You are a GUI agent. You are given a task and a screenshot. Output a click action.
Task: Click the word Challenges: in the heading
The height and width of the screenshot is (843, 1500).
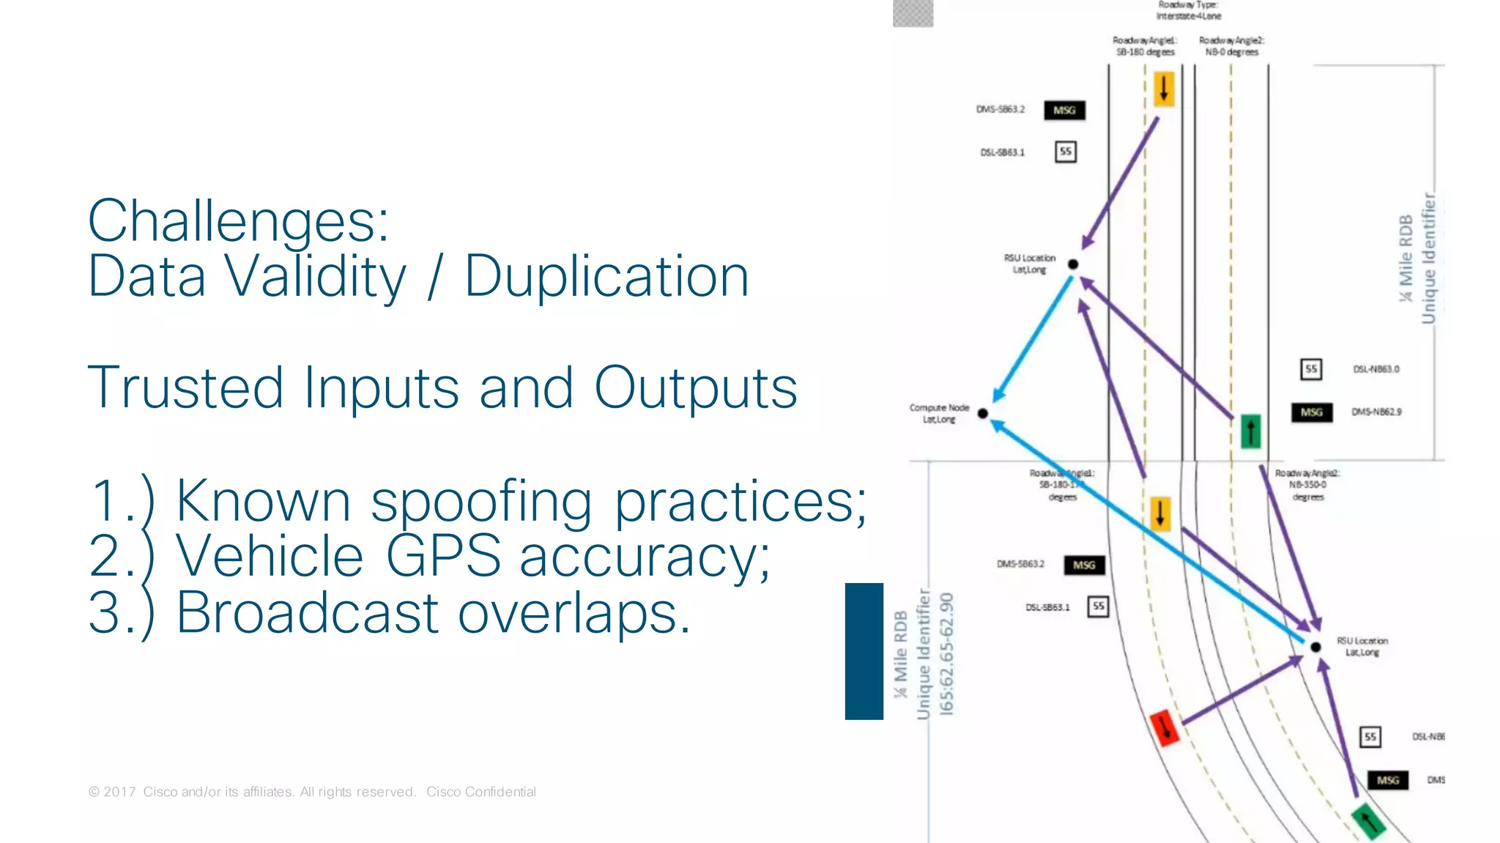tap(238, 221)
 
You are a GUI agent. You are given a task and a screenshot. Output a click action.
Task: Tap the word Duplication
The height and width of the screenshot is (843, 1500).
tap(606, 277)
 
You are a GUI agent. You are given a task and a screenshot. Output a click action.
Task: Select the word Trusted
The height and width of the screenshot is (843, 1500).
tap(185, 388)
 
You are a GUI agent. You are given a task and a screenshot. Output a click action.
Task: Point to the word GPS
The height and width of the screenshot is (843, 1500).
tap(442, 557)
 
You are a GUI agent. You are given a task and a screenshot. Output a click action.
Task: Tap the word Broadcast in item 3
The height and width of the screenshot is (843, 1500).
tap(308, 613)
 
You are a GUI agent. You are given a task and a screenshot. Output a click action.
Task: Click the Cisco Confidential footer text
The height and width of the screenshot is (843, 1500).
tap(480, 792)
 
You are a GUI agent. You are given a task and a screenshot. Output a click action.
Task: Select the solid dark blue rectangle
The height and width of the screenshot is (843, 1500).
tap(864, 651)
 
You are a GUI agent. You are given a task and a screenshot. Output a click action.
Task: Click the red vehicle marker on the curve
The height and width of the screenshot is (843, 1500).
tap(1164, 727)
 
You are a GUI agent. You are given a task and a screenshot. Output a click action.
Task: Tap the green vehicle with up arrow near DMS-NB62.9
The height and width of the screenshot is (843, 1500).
tap(1250, 431)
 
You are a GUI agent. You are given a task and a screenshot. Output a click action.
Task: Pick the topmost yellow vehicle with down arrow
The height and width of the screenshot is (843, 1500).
tap(1163, 89)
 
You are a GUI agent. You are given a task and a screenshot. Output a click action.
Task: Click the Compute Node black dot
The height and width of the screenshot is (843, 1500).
tap(983, 414)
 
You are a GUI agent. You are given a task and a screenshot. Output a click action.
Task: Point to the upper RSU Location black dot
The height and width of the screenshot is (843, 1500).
tap(1073, 264)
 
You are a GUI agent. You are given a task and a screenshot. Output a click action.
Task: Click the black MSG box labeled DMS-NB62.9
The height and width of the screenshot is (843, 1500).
tap(1311, 412)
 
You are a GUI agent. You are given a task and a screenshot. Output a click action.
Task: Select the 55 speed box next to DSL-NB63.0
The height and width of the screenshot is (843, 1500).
tap(1311, 369)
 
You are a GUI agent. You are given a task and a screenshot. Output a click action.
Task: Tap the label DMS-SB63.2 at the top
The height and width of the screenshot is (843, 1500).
tap(1000, 110)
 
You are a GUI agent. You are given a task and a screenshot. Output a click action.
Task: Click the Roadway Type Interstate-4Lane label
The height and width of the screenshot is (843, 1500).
tap(1188, 10)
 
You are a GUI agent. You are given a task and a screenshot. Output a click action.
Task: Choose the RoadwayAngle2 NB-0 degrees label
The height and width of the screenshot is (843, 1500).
tap(1231, 46)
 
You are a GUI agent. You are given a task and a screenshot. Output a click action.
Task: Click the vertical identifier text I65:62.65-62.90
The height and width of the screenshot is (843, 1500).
tap(947, 653)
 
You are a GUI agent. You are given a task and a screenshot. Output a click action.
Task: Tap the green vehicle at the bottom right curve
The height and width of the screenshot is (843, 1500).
tap(1367, 820)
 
